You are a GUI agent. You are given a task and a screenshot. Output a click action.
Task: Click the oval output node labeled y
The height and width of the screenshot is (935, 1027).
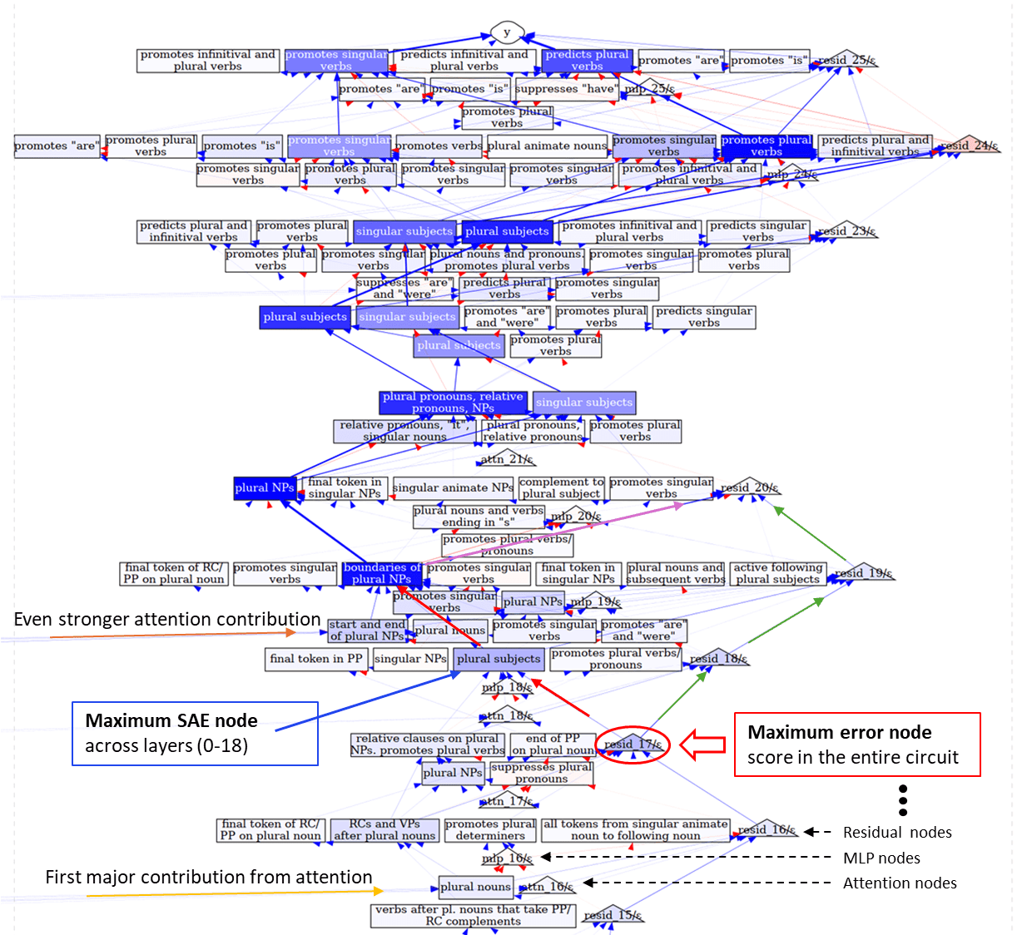click(506, 32)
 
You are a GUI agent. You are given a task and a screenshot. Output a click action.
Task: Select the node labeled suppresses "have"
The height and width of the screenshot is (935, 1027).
click(566, 88)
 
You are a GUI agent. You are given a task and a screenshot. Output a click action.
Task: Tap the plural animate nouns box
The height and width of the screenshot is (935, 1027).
click(547, 146)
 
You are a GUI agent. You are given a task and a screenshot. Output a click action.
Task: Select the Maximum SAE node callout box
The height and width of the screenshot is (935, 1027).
click(195, 733)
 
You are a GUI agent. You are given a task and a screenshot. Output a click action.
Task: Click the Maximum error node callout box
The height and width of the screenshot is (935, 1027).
click(856, 744)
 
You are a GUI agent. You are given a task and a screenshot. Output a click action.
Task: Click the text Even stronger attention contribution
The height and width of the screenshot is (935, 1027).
click(167, 619)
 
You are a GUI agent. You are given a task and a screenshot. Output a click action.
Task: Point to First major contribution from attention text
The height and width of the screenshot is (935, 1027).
click(208, 877)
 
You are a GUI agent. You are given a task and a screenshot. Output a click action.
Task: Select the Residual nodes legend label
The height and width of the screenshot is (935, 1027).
click(897, 832)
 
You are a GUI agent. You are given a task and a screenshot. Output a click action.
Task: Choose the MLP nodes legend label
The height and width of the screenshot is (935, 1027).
click(881, 858)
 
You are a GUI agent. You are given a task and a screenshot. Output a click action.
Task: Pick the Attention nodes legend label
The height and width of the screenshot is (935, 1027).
click(900, 883)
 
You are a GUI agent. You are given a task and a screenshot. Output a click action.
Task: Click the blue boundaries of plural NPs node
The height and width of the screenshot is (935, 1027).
click(382, 573)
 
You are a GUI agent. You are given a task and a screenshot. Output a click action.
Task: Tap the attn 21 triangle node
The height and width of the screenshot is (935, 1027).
click(506, 458)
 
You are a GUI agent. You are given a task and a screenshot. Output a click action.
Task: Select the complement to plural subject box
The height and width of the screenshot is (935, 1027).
click(562, 487)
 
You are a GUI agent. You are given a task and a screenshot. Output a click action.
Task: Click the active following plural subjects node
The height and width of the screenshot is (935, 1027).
click(777, 573)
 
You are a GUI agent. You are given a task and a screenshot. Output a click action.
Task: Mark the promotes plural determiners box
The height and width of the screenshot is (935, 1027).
click(490, 829)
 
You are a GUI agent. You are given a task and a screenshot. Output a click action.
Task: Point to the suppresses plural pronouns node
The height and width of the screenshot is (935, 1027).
click(541, 773)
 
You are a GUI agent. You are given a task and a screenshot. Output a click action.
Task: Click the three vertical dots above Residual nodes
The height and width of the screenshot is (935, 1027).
click(903, 799)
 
